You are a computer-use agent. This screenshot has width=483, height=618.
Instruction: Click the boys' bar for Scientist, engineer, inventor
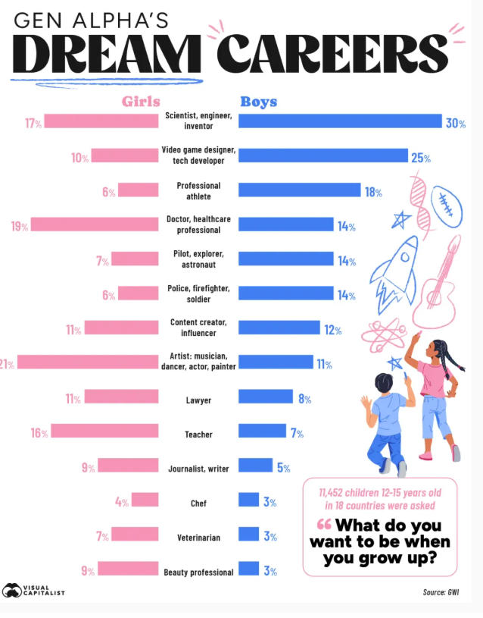click(340, 121)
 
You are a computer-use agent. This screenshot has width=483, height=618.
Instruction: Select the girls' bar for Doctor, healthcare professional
click(95, 224)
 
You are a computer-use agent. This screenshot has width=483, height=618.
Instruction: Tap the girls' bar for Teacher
click(104, 431)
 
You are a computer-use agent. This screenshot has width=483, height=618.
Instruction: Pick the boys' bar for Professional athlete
click(300, 190)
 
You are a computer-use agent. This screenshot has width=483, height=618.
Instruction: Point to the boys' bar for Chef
click(249, 500)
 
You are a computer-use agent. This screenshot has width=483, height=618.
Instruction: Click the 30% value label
click(456, 124)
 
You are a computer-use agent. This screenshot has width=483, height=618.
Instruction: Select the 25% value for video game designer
click(421, 158)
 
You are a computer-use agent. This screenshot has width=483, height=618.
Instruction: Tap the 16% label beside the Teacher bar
click(39, 433)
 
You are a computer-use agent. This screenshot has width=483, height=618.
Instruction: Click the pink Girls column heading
click(141, 102)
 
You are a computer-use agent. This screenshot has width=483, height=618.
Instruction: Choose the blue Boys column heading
click(259, 102)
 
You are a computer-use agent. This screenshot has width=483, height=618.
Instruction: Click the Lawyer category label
click(198, 400)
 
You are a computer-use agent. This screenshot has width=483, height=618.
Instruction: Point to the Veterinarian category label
click(198, 538)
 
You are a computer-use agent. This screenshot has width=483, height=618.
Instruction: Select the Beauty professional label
click(198, 573)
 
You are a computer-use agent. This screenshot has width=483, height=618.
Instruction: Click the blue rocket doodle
click(394, 274)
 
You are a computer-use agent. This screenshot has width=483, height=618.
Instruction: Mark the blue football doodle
click(447, 206)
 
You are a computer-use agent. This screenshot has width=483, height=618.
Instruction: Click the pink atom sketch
click(384, 336)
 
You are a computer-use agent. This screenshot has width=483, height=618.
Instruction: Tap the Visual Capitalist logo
click(33, 591)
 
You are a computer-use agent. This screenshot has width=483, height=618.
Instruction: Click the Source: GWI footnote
click(441, 592)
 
